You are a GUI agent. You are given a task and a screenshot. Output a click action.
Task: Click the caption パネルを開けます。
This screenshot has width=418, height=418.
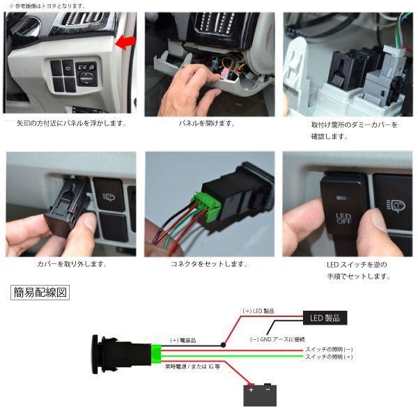coord(207,123)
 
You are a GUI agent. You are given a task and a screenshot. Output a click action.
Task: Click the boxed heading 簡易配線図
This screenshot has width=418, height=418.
coord(41,293)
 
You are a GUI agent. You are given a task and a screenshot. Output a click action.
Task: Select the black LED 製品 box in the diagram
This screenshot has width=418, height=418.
coord(323,318)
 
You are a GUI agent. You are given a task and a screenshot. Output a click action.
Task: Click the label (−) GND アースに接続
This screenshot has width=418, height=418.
coord(277,339)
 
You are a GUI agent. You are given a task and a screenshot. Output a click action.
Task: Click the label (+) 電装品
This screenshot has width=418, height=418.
coord(184,341)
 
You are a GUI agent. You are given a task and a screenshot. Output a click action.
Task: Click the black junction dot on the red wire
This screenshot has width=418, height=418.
coord(223,345)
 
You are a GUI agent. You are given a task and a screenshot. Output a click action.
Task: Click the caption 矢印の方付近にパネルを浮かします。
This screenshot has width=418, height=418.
coord(71,123)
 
